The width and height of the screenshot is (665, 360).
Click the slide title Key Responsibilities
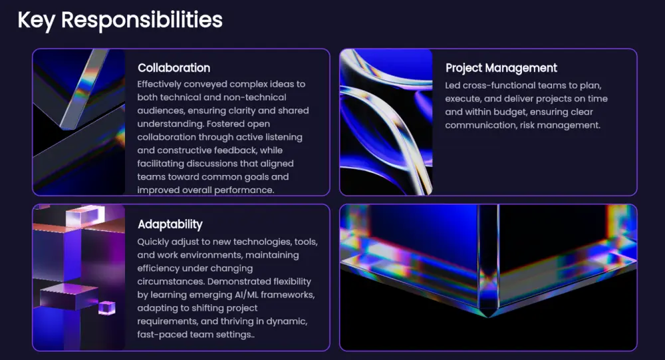coord(120,20)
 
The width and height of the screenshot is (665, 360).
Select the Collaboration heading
coord(174,68)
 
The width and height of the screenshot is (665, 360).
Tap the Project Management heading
coord(501,69)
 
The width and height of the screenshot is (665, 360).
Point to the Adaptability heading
coord(170,224)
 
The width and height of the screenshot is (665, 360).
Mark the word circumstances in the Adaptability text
coord(171,281)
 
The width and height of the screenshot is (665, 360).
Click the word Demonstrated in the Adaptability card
coord(239,281)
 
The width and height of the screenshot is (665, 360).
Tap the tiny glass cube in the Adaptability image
coord(107,308)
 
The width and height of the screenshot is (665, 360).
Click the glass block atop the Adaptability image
coord(85,216)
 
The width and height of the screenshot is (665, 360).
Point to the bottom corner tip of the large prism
coord(488,316)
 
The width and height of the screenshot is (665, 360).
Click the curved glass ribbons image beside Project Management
coord(386,122)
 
